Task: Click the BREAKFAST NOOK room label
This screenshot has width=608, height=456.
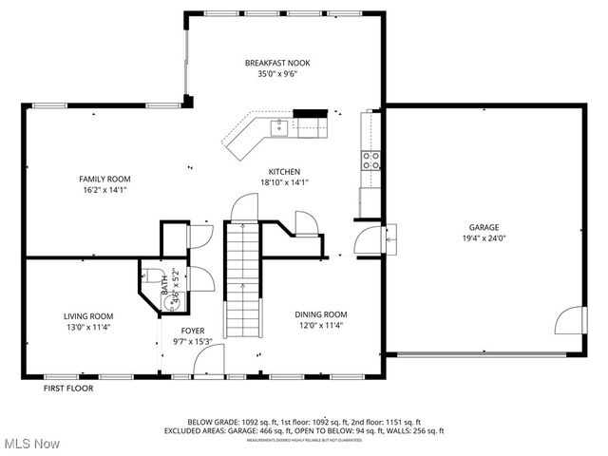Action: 277,63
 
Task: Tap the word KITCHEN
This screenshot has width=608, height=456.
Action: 285,172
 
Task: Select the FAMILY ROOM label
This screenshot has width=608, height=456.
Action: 104,179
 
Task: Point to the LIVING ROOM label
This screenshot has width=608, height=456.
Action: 88,316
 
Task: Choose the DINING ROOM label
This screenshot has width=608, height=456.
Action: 320,314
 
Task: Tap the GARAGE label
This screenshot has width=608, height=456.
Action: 484,227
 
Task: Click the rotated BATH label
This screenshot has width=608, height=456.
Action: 164,282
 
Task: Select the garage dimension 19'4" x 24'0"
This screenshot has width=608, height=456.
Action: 484,238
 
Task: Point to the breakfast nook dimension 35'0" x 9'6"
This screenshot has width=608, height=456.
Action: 277,74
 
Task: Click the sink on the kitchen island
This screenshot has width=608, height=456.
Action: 279,127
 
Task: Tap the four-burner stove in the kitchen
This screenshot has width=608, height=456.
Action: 370,160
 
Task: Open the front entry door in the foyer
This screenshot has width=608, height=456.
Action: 207,362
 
